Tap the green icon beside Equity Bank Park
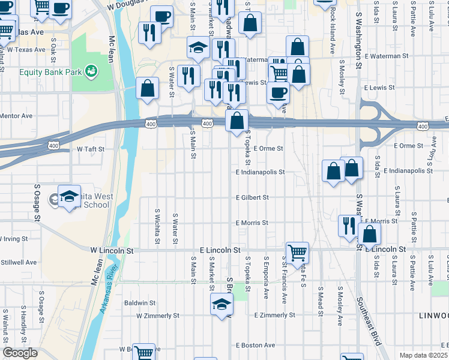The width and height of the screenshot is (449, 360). [x=92, y=72]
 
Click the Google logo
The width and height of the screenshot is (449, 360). [x=20, y=353]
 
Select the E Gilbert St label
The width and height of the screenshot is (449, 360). [x=252, y=197]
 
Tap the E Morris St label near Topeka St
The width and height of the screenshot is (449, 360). [x=252, y=223]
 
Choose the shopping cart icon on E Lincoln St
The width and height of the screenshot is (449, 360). [x=297, y=252]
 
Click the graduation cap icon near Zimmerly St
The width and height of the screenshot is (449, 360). [x=221, y=304]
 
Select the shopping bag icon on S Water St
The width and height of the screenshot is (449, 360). [x=147, y=89]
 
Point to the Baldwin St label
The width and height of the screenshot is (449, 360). [x=139, y=304]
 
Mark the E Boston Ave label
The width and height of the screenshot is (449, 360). [x=255, y=345]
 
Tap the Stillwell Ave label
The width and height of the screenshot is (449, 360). [x=19, y=262]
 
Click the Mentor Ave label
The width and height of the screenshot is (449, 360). [x=16, y=116]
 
